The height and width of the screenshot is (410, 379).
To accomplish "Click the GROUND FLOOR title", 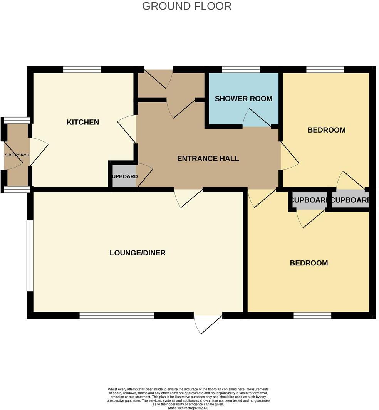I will coord(187,6).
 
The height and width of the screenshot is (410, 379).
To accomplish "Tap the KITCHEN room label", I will coord(83,122).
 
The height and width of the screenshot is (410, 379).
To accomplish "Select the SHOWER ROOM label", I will coord(243,99).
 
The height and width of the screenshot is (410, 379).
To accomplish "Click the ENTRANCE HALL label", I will coord(208,158).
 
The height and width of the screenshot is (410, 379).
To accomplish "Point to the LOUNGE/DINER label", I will coord(138,253).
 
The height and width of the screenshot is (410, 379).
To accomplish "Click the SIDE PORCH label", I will coord(17,155).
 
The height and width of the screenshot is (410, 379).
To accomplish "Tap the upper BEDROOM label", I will coord(326,130).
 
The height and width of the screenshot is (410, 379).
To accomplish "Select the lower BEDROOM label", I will coord(309,263).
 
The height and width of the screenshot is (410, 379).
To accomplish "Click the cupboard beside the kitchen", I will coord(123,177).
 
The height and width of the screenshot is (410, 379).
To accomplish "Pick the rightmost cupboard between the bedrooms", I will coord(350,200).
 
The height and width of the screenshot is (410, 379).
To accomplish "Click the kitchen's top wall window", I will coord(82,70).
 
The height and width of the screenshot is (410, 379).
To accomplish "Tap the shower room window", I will coord(241,70).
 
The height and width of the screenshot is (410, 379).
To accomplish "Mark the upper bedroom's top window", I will coord(325,70).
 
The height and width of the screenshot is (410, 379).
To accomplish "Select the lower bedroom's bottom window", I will coord(312,315).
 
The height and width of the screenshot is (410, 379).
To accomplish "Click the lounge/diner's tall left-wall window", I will coord(29,256).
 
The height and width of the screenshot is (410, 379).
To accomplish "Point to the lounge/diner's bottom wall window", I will coord(117,315).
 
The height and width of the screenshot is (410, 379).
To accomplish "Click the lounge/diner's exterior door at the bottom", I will coord(208,323).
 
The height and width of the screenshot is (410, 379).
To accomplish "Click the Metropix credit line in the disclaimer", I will coord(188,408).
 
